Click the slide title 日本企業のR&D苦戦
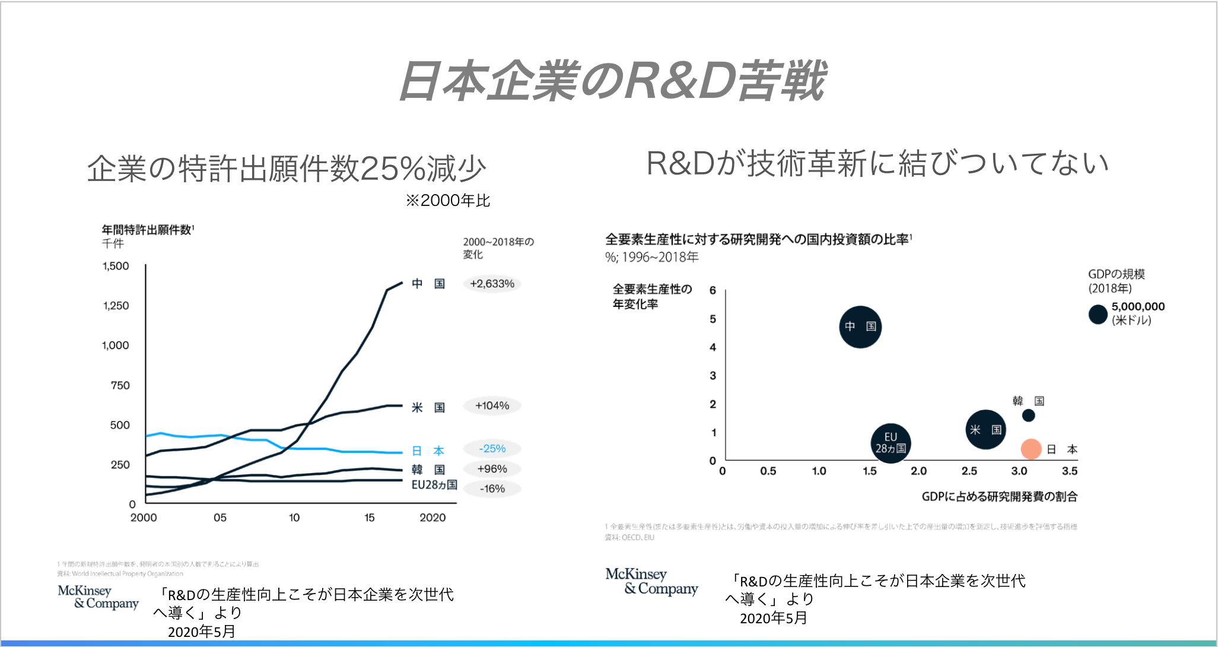click(x=612, y=81)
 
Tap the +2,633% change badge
click(x=492, y=284)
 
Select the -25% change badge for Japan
click(x=492, y=449)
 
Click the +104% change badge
click(x=492, y=406)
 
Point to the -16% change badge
click(x=492, y=489)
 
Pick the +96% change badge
click(x=492, y=469)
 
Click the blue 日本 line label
click(x=428, y=451)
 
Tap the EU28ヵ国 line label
click(x=434, y=485)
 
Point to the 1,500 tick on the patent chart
click(x=116, y=266)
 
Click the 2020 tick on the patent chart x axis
click(x=432, y=518)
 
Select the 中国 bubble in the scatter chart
click(x=860, y=326)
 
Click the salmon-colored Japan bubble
click(x=1031, y=449)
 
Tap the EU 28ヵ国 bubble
click(x=891, y=443)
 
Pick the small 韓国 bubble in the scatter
click(x=1029, y=416)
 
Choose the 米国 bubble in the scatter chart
click(x=985, y=430)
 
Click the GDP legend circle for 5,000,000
click(x=1098, y=314)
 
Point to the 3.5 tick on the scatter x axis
click(x=1070, y=471)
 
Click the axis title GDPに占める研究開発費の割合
click(x=999, y=497)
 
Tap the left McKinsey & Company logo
click(x=98, y=597)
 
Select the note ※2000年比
click(x=448, y=201)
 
